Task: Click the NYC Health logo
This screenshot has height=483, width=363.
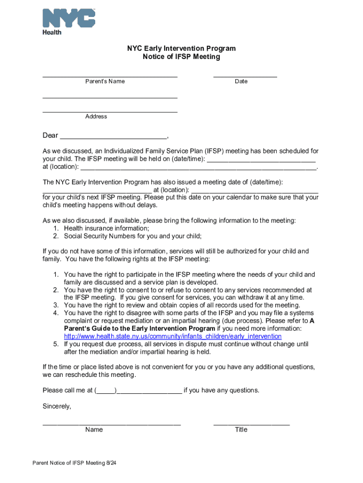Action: click(x=69, y=21)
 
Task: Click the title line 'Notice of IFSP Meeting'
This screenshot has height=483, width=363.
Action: click(x=181, y=57)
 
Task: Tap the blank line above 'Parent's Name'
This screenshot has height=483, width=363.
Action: click(x=110, y=75)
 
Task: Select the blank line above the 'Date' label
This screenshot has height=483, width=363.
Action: click(x=245, y=75)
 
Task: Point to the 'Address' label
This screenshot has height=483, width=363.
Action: click(x=96, y=117)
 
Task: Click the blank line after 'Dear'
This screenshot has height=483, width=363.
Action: click(x=113, y=137)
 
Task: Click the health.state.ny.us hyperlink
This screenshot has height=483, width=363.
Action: click(x=173, y=336)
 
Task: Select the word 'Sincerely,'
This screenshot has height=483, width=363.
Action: click(x=57, y=406)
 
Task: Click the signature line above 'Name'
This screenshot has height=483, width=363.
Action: click(x=112, y=424)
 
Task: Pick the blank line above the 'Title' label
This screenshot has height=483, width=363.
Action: click(x=251, y=424)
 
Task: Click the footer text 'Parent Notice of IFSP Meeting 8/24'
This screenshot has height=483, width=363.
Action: click(x=74, y=463)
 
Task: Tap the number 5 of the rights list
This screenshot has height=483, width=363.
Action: click(x=55, y=344)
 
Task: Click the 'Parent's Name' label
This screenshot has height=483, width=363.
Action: click(x=105, y=82)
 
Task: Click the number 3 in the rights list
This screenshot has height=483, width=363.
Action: click(x=55, y=305)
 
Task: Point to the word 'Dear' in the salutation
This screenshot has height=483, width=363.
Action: click(x=50, y=136)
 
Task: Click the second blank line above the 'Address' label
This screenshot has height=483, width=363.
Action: click(x=110, y=111)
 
